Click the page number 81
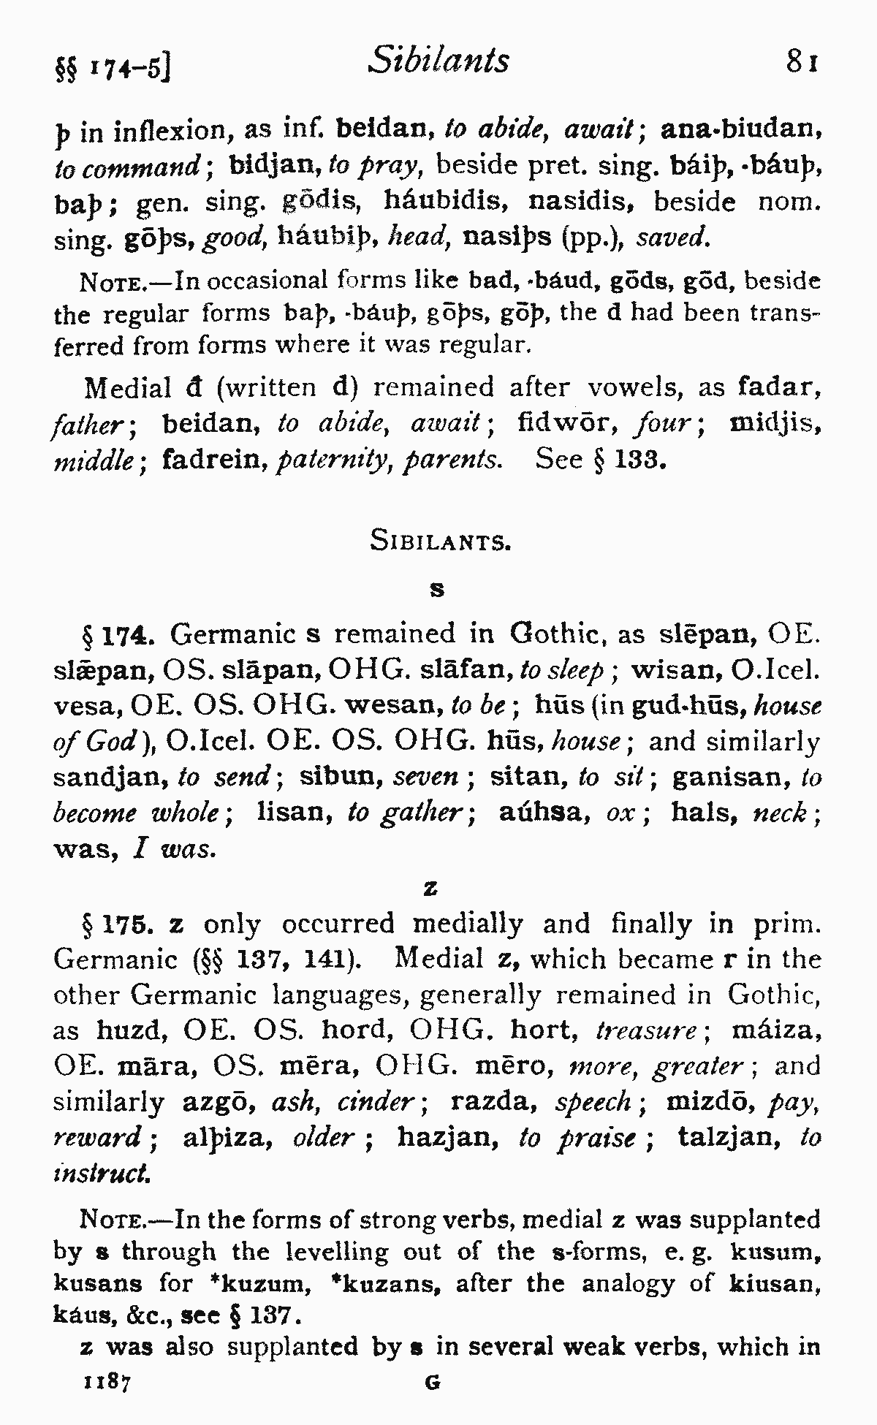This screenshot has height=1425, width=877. (x=801, y=61)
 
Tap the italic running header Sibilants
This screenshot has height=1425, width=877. (x=439, y=60)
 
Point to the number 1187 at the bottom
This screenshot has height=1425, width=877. (x=107, y=1382)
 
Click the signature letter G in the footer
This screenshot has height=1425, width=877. (x=433, y=1383)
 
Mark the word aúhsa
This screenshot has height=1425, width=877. (x=544, y=812)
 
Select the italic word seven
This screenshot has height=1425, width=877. (x=425, y=776)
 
